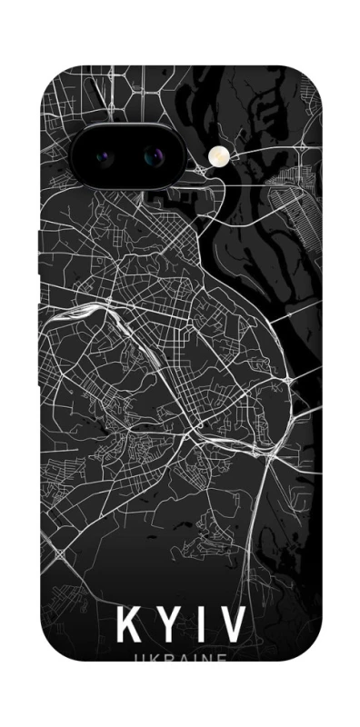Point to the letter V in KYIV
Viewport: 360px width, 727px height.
(233, 626)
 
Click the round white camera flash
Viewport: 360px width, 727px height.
(219, 157)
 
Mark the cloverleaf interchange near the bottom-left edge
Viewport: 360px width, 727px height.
(60, 553)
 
